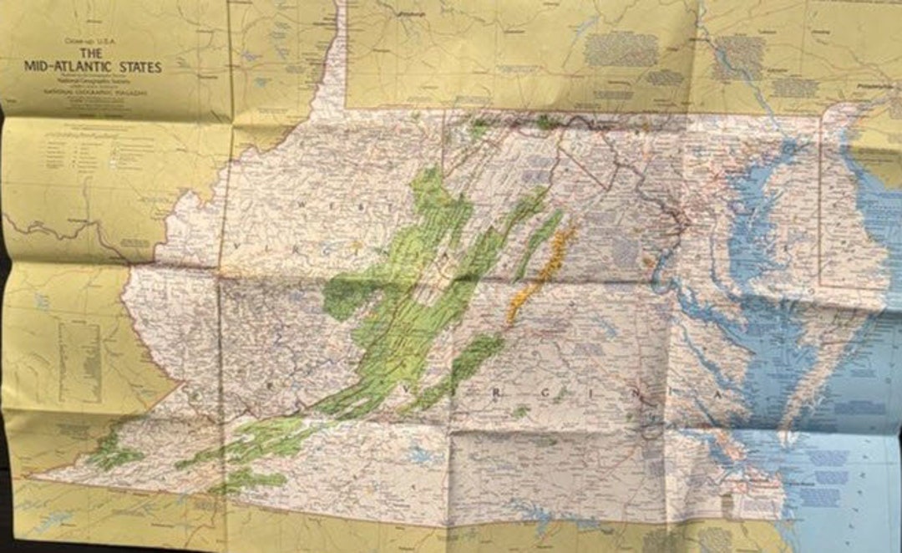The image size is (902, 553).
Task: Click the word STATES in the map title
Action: pyautogui.click(x=139, y=66)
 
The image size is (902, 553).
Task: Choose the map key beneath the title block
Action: pyautogui.click(x=92, y=155)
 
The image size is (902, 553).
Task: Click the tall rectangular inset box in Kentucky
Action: pyautogui.click(x=81, y=350)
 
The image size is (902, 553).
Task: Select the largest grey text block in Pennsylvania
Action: pyautogui.click(x=621, y=49)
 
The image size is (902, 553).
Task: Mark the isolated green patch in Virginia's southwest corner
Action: pyautogui.click(x=114, y=454)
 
